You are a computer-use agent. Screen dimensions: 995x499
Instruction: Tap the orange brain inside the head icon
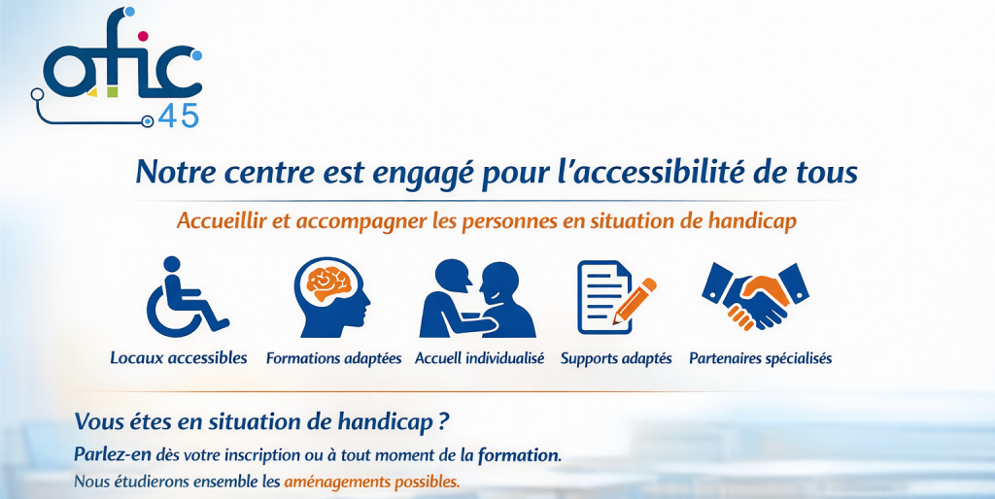tap(329, 283)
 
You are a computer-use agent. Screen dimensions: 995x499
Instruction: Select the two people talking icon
tap(477, 298)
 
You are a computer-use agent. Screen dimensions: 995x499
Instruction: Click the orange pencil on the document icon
tap(635, 301)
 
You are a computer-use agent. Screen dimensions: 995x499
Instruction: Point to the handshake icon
tap(755, 295)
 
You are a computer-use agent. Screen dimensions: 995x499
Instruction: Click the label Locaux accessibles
tap(179, 357)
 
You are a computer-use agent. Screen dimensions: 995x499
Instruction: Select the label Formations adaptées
tap(334, 358)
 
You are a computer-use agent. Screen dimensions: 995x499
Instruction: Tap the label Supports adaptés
tap(615, 359)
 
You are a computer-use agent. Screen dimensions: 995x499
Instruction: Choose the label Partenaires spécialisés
tap(760, 359)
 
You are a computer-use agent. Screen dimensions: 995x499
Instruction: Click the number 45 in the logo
tap(179, 116)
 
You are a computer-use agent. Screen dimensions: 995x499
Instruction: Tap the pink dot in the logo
tap(143, 36)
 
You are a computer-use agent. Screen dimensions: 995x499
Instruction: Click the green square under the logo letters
tap(113, 92)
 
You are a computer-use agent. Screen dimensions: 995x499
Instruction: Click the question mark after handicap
tap(443, 422)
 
